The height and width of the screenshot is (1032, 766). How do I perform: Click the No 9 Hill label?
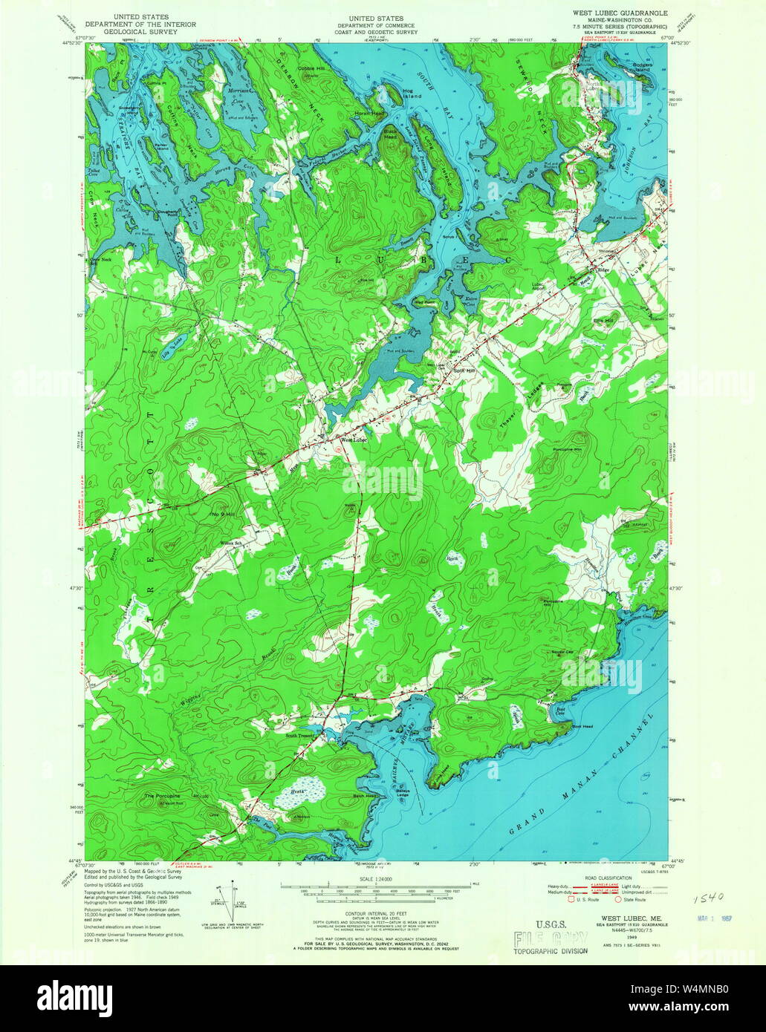(x=222, y=513)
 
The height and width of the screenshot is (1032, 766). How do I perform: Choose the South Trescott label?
(x=302, y=736)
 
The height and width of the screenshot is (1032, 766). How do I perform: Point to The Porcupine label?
(x=163, y=796)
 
